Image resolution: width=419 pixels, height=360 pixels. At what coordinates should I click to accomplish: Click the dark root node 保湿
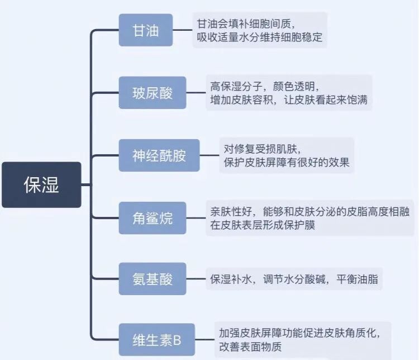(41, 184)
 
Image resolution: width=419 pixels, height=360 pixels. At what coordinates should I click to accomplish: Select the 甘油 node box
(146, 30)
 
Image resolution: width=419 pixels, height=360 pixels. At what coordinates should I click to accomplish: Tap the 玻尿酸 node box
(152, 92)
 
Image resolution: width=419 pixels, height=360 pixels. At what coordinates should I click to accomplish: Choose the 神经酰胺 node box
(159, 155)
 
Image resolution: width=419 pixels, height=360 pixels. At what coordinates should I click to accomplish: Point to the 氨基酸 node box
(152, 280)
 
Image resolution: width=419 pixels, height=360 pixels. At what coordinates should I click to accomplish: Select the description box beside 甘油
(260, 30)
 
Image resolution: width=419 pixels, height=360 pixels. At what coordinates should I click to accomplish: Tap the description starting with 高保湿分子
(288, 93)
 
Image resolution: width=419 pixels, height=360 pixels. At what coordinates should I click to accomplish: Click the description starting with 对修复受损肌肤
(287, 155)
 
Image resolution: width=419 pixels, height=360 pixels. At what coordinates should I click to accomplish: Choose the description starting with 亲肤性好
(311, 217)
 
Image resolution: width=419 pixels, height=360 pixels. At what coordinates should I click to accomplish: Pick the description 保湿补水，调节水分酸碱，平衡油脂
(294, 279)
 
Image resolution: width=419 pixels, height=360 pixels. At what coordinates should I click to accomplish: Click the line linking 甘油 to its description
(183, 30)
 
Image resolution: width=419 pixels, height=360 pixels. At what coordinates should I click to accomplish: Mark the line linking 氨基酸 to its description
(196, 280)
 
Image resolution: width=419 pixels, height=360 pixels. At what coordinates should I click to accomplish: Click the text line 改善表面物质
(250, 347)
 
